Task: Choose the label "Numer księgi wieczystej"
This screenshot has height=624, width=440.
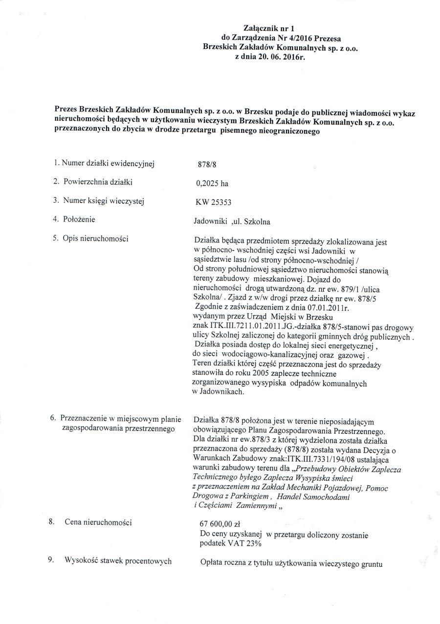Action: [x=106, y=201]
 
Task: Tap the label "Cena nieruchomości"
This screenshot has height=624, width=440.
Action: [x=98, y=522]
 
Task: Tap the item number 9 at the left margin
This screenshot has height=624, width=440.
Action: [x=50, y=560]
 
